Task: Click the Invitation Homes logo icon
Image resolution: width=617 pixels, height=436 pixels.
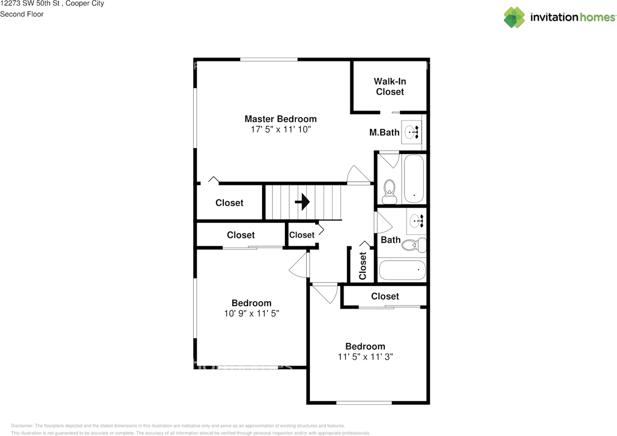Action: (514, 17)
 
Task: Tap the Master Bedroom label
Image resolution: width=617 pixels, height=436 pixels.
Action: (281, 119)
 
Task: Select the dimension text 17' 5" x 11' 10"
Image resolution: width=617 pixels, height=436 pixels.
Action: (281, 129)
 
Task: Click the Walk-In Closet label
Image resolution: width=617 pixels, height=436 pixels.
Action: (390, 86)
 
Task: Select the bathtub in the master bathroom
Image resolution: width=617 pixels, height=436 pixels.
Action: (413, 179)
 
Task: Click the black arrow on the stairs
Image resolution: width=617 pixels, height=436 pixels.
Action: (302, 202)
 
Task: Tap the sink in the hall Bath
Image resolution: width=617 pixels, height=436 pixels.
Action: (416, 221)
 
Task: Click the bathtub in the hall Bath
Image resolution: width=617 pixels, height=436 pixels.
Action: (402, 270)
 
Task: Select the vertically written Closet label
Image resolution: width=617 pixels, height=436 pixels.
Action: (362, 266)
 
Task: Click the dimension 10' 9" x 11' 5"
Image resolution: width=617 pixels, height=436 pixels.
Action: (252, 313)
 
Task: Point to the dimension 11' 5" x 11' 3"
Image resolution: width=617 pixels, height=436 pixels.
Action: (365, 357)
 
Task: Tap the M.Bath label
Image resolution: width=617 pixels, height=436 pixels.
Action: (384, 132)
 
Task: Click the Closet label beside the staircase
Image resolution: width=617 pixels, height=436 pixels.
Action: (229, 203)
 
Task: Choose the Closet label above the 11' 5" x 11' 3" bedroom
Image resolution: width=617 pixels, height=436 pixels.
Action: (385, 296)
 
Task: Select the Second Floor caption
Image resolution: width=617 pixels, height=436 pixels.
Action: (22, 14)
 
